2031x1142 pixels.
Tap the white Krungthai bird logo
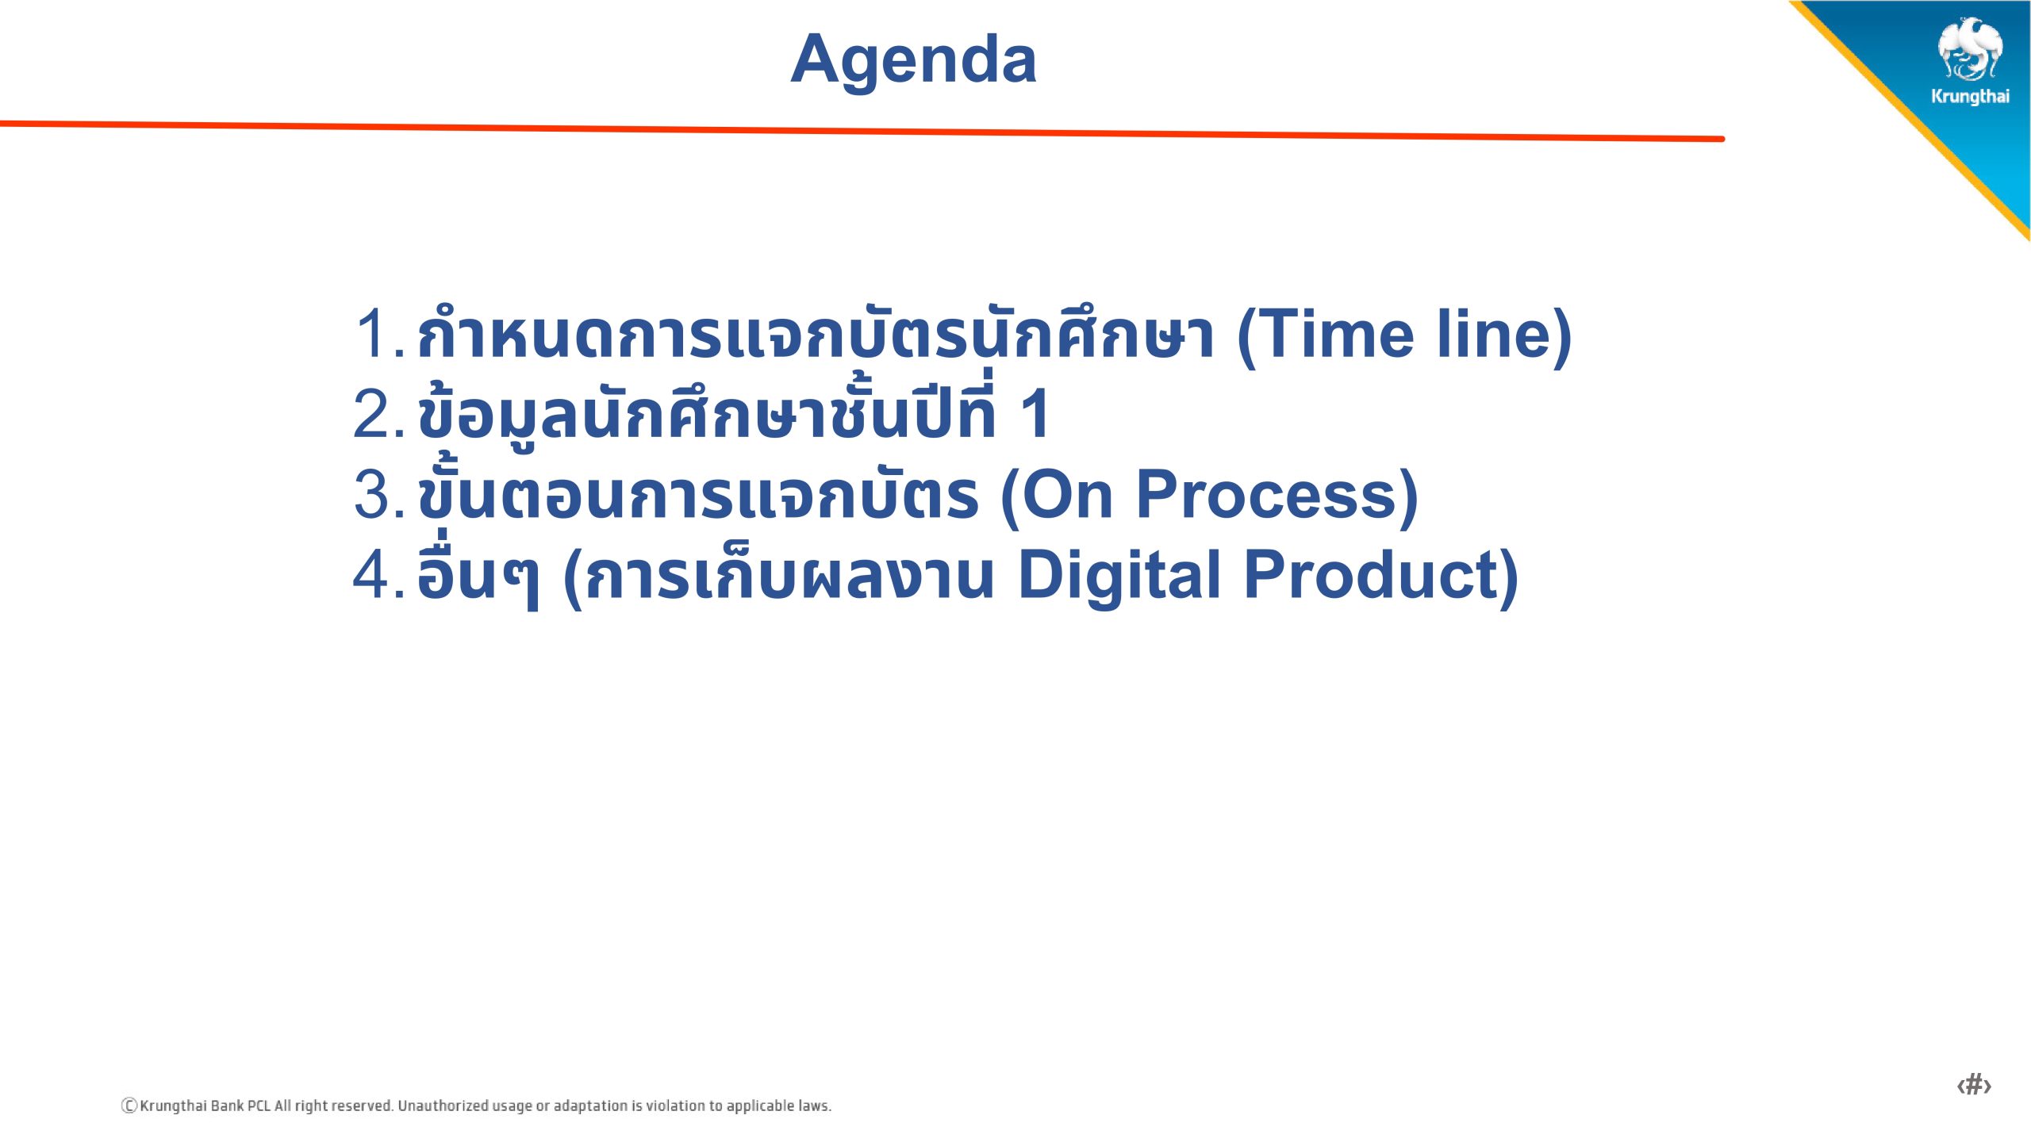click(x=1970, y=49)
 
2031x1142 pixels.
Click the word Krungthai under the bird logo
click(x=1970, y=97)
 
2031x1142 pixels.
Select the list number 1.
click(x=380, y=334)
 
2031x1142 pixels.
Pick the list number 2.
click(x=379, y=413)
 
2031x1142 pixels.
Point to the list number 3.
click(x=379, y=494)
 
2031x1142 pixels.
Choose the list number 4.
click(x=379, y=574)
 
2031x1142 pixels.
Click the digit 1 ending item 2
click(x=1036, y=413)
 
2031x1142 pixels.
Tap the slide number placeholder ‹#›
click(x=1974, y=1084)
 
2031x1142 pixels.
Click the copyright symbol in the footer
click(x=129, y=1106)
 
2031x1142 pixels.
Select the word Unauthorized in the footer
click(x=443, y=1106)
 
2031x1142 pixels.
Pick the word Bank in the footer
click(x=228, y=1106)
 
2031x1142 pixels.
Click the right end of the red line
click(x=1722, y=139)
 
